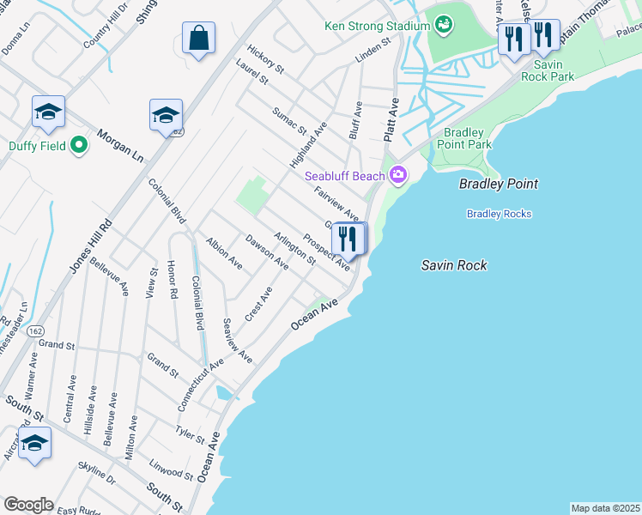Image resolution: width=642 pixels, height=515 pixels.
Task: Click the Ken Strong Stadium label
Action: (376, 26)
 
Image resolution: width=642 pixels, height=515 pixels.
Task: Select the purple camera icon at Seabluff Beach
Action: (397, 176)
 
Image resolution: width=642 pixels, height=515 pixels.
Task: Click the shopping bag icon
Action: (198, 39)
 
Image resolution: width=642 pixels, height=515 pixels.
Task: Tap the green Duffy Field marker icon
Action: (79, 145)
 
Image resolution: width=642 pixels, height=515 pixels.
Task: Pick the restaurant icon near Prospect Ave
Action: (348, 239)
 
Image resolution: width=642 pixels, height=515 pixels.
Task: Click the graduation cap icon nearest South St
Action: (34, 444)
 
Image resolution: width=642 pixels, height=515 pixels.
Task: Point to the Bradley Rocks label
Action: (499, 214)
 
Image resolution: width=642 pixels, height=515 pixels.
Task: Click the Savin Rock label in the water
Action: (454, 265)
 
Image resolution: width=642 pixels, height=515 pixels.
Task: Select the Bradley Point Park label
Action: (468, 138)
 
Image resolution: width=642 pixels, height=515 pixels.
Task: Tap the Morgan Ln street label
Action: (119, 148)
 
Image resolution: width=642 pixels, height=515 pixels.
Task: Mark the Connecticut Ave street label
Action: (201, 372)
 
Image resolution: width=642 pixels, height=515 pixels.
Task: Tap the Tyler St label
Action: (190, 434)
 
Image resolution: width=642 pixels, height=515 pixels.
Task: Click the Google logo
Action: (28, 505)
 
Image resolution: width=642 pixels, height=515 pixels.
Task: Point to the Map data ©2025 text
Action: (605, 508)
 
